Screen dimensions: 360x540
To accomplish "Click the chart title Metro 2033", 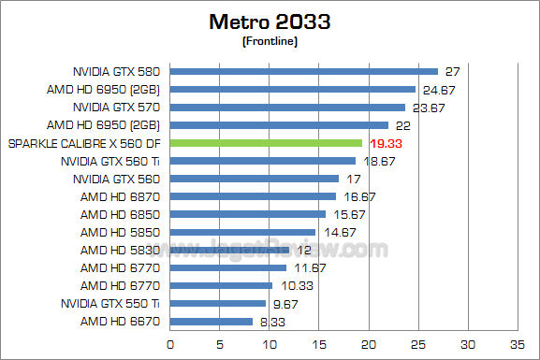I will click(x=270, y=21).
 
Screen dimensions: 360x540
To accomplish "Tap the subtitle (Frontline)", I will click(x=270, y=40).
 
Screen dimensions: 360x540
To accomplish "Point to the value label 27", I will click(x=453, y=72).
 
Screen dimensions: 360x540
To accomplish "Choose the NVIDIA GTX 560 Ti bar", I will click(x=262, y=161).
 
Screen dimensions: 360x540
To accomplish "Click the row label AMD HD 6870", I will click(x=118, y=196).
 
